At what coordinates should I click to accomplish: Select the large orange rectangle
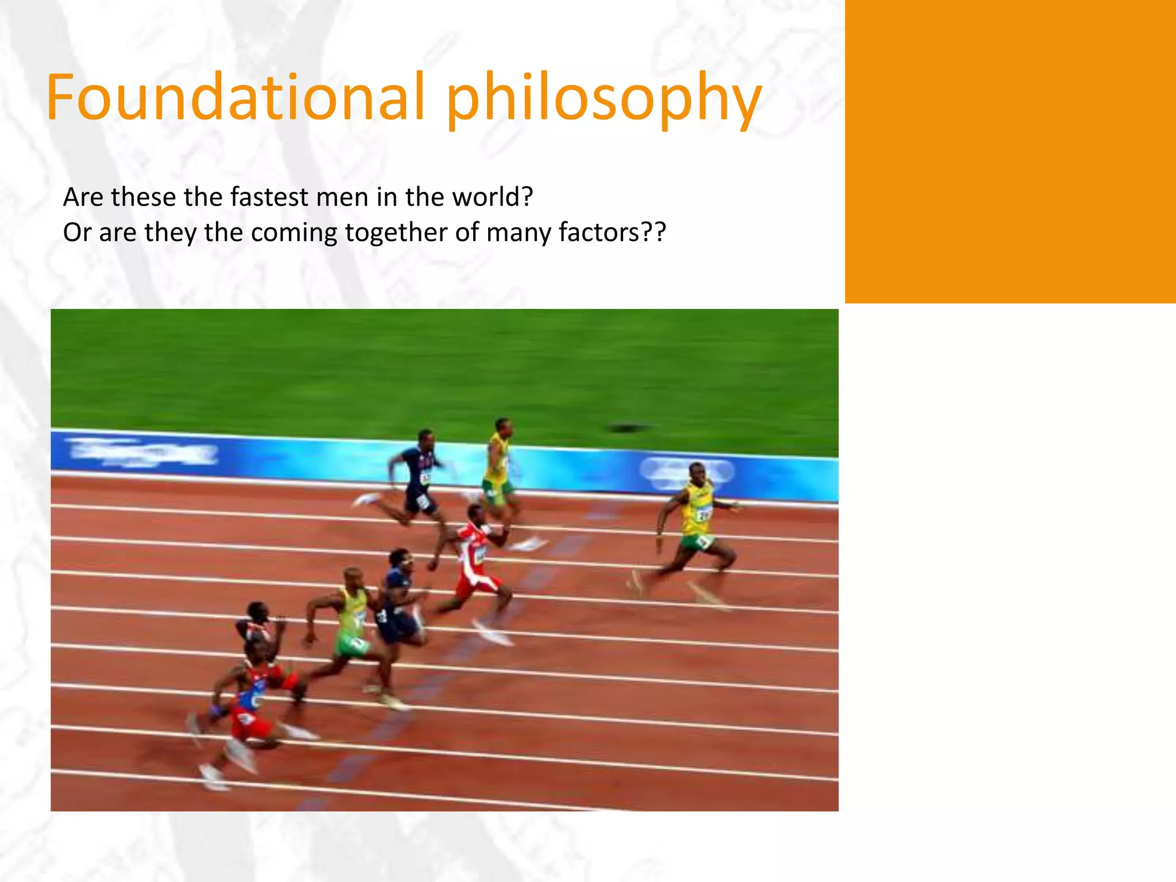(1010, 152)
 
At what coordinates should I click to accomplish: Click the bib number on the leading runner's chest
(702, 513)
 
